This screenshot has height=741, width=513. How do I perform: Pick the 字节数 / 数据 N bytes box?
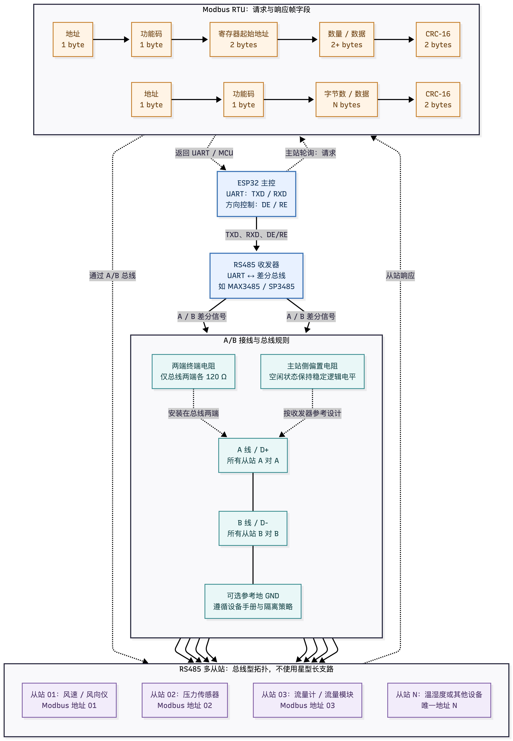347,99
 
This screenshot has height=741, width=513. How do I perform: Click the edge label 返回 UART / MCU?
204,153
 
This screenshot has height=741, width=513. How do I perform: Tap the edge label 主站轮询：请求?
311,153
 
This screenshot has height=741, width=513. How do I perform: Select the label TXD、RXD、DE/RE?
256,235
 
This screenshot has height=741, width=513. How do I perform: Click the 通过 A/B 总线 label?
113,275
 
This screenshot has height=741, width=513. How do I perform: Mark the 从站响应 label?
400,275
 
